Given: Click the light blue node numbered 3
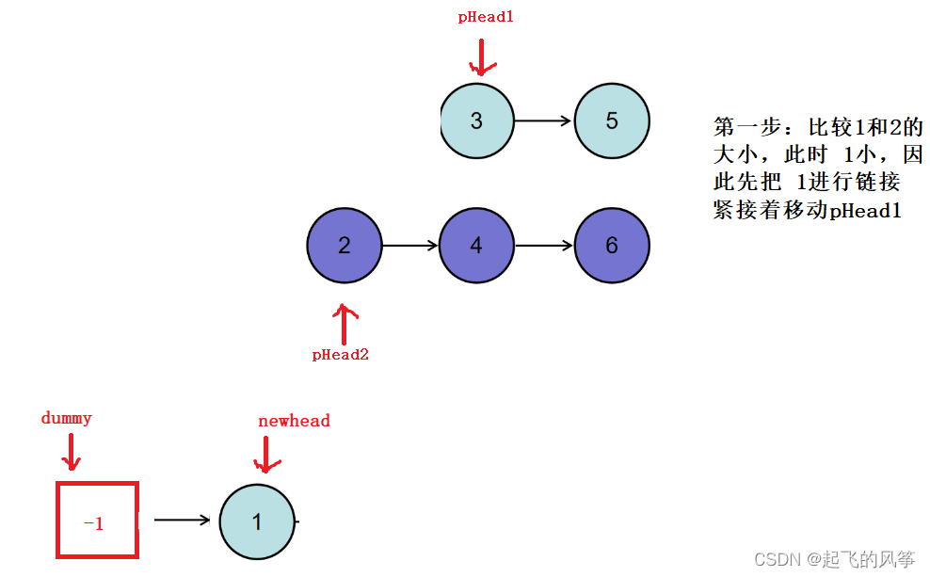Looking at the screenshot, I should [477, 121].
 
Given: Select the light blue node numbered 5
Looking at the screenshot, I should [612, 121].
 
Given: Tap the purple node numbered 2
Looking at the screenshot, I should [345, 246].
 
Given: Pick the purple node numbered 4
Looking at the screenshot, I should [476, 246].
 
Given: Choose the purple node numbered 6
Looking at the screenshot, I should [612, 246].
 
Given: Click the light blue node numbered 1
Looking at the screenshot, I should [257, 521].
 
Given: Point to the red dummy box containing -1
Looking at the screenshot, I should [97, 520].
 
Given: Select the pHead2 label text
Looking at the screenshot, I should [341, 355].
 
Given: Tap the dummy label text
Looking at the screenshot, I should [67, 418].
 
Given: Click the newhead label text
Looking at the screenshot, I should [294, 421].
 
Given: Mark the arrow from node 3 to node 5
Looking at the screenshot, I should [544, 120].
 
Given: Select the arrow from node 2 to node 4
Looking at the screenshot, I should [410, 246].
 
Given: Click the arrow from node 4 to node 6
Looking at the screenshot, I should [544, 246].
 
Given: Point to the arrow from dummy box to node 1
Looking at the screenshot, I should [182, 519].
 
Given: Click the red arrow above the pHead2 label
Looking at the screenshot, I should [345, 323].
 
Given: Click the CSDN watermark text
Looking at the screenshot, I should [834, 559].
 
